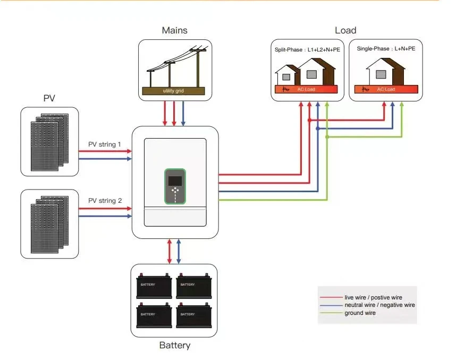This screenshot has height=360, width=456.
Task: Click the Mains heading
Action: pos(174,30)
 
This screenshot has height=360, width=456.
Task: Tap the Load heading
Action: pos(345,30)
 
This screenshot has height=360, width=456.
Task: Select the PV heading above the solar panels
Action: pos(49,99)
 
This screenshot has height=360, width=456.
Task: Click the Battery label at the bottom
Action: pos(174,346)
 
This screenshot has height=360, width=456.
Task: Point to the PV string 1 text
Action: pos(105,144)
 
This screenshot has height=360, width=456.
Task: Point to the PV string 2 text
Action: pos(105,201)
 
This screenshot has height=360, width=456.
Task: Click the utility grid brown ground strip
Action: pos(174,91)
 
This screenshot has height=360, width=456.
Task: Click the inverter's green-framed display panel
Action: pos(175,186)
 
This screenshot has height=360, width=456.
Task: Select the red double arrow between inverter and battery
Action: pos(170,251)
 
